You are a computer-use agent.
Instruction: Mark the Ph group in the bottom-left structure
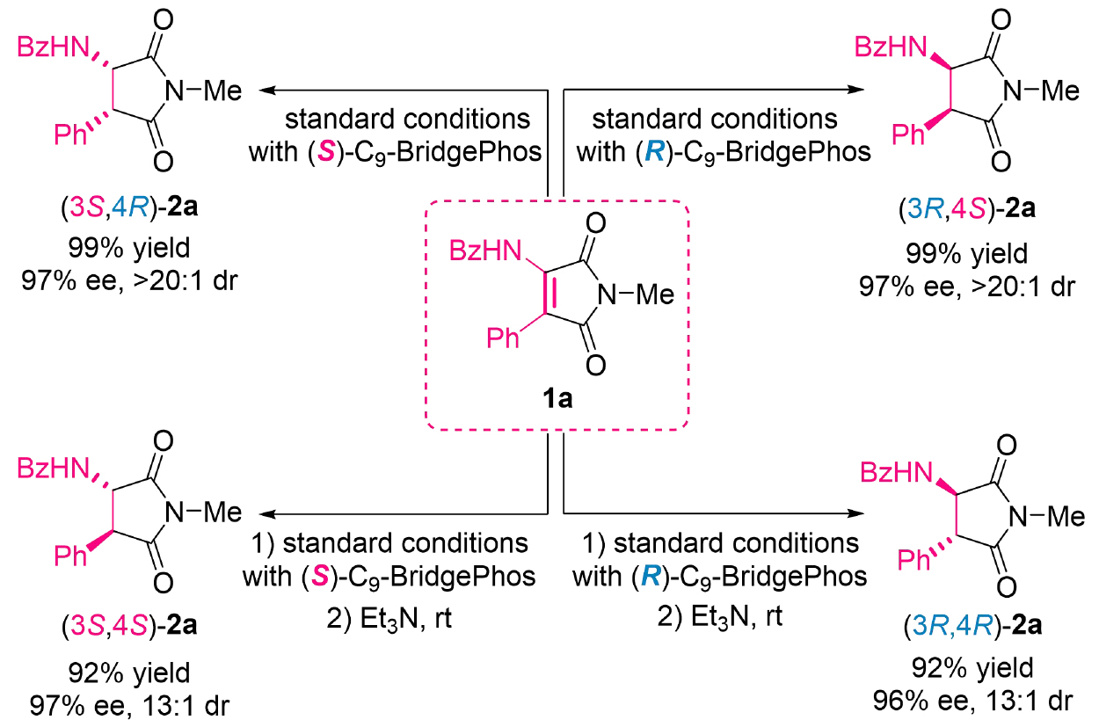pyautogui.click(x=71, y=555)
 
